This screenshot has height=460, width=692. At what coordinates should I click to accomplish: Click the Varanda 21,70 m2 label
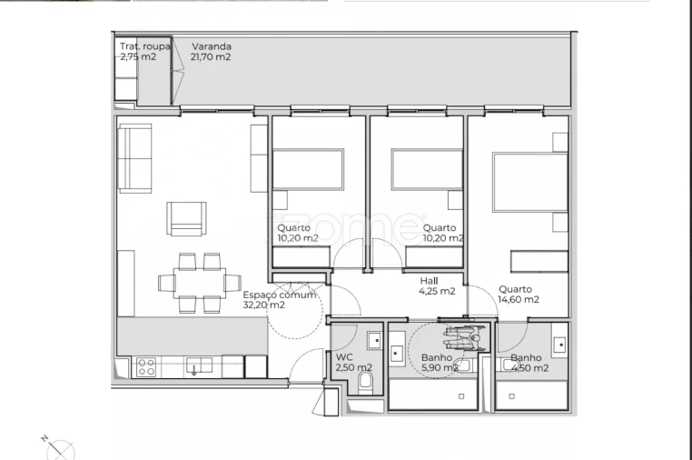(211, 51)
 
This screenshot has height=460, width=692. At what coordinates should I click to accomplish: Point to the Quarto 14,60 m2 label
(519, 295)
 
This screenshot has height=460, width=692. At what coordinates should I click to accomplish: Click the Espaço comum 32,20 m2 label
(279, 300)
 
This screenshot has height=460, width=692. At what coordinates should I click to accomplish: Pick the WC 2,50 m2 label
(353, 363)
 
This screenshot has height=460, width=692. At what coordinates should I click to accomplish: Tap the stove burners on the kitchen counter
(145, 366)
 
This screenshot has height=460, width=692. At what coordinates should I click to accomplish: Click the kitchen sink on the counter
(199, 365)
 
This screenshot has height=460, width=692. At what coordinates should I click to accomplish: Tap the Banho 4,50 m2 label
(529, 363)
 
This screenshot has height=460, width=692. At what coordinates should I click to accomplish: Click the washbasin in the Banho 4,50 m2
(560, 345)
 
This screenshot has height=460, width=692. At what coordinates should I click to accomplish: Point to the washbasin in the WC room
(374, 342)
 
